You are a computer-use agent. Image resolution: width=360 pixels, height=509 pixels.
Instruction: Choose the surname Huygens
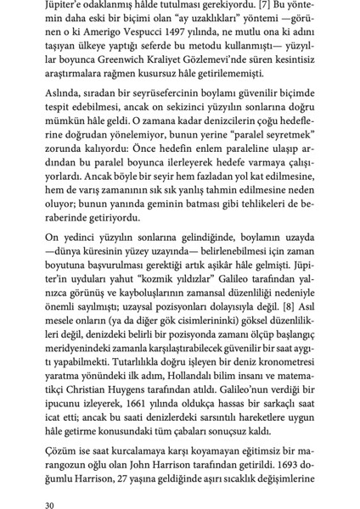149,381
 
